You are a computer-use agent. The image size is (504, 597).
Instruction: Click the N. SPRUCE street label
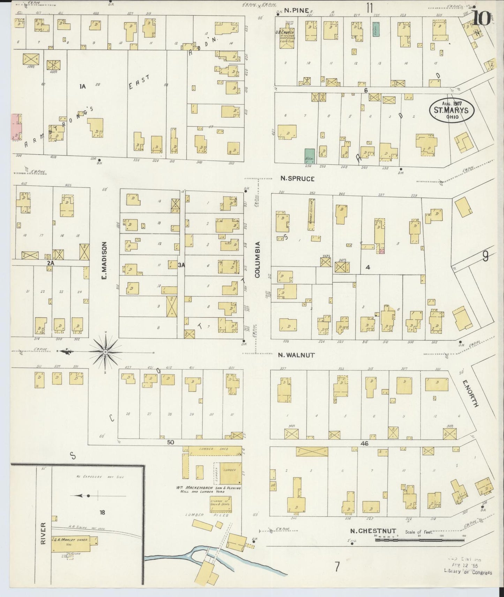298,179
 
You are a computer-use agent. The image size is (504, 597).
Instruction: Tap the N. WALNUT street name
296,355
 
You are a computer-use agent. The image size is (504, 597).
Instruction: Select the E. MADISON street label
104,261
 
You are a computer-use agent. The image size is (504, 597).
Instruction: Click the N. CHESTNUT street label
373,531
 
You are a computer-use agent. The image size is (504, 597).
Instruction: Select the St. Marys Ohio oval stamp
451,111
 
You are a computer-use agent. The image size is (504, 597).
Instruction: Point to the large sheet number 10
481,18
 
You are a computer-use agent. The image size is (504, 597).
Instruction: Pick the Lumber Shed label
212,449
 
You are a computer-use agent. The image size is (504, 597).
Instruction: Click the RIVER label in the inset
43,533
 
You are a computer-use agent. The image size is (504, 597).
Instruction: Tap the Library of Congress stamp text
467,572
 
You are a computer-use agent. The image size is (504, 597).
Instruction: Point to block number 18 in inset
102,513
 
